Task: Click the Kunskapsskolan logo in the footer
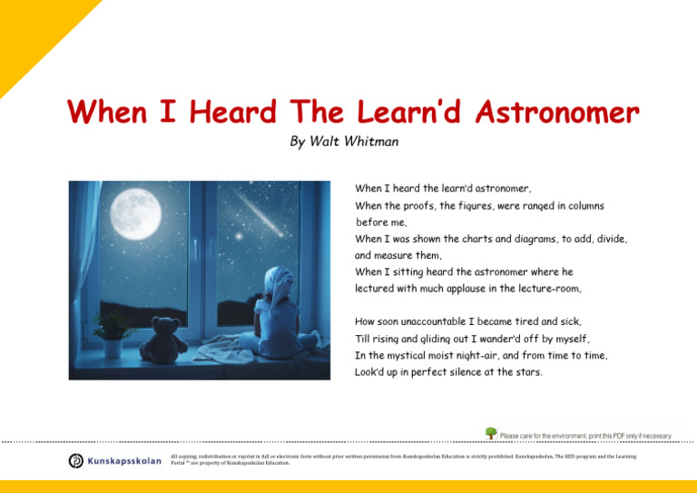(x=113, y=460)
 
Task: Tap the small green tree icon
(x=491, y=434)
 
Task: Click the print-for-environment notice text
(x=585, y=436)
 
